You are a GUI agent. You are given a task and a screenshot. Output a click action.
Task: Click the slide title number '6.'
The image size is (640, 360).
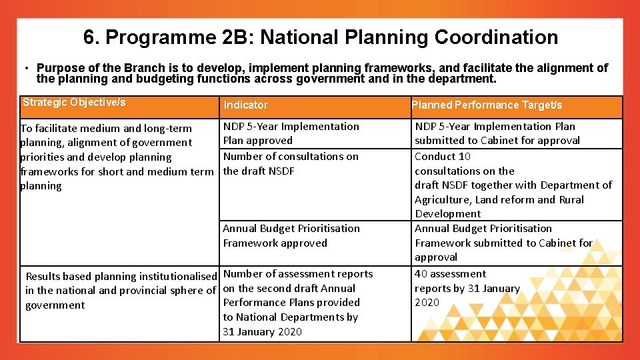pyautogui.click(x=91, y=37)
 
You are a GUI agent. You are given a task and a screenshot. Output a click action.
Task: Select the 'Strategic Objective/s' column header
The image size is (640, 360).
pyautogui.click(x=74, y=103)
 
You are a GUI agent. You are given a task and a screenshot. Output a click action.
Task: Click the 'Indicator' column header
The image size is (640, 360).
pyautogui.click(x=245, y=105)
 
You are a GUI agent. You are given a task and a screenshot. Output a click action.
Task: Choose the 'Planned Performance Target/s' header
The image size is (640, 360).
pyautogui.click(x=487, y=105)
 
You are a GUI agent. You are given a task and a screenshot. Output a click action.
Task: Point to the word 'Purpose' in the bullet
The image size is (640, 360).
pyautogui.click(x=58, y=68)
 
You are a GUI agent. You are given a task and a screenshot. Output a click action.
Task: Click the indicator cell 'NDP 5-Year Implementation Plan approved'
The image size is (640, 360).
pyautogui.click(x=291, y=133)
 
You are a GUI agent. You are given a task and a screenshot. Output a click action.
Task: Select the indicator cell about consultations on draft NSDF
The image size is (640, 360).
pyautogui.click(x=291, y=163)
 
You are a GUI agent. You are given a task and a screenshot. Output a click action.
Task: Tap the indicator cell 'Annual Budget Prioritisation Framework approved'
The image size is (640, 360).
pyautogui.click(x=291, y=235)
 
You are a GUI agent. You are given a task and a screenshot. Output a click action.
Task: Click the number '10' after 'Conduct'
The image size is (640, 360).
pyautogui.click(x=464, y=156)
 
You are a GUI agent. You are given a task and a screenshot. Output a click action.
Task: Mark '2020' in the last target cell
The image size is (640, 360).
pyautogui.click(x=427, y=303)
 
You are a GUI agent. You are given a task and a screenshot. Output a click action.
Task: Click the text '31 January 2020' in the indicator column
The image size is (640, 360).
pyautogui.click(x=262, y=332)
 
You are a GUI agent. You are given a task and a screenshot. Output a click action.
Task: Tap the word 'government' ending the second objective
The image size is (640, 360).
pyautogui.click(x=55, y=305)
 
